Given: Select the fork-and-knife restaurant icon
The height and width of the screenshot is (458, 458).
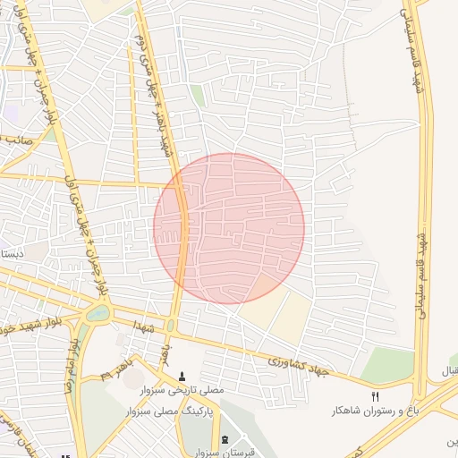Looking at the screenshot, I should pyautogui.click(x=375, y=396).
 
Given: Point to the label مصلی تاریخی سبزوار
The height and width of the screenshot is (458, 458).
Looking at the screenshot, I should pyautogui.click(x=184, y=391).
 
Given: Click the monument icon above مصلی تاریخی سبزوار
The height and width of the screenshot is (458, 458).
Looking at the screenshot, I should pyautogui.click(x=184, y=377).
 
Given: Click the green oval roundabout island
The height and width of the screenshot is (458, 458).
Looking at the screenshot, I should pyautogui.click(x=97, y=313).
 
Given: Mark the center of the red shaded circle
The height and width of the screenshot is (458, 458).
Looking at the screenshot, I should pyautogui.click(x=229, y=228).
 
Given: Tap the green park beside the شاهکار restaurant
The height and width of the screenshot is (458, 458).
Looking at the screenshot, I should pyautogui.click(x=388, y=363).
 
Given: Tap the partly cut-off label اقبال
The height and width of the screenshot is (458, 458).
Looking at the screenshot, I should pyautogui.click(x=447, y=369).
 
